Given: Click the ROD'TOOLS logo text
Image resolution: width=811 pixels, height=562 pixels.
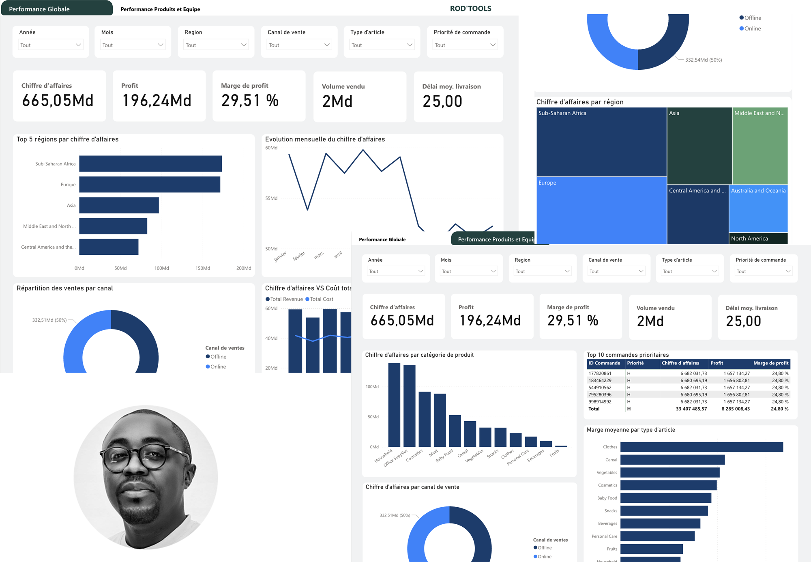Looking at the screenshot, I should tap(470, 9).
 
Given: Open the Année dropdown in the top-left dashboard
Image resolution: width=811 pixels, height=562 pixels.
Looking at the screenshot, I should tap(51, 45).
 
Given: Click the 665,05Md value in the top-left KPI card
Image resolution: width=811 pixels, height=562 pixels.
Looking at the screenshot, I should tap(58, 101).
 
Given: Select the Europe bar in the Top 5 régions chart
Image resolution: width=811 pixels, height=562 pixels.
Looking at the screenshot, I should tap(150, 185).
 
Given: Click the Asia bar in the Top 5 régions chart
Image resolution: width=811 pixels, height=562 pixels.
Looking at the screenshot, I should tap(119, 205).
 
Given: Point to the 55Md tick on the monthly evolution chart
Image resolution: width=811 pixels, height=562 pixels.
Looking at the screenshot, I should tap(271, 198).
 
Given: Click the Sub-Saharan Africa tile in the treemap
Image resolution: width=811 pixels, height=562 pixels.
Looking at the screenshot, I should tap(601, 142).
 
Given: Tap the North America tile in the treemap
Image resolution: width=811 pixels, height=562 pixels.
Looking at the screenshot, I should tap(758, 239).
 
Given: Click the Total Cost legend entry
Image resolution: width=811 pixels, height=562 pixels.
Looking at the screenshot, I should tap(321, 299).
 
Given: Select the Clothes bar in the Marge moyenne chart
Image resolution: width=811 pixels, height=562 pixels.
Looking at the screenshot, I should tap(702, 447).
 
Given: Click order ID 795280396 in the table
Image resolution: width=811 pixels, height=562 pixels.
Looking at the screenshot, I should tap(600, 394).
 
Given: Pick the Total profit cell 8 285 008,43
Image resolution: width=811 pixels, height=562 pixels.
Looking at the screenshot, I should tap(735, 409).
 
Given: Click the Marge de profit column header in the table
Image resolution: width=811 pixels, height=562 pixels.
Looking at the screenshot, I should tap(770, 363).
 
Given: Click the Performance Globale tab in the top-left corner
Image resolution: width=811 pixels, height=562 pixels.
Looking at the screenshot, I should tap(39, 9).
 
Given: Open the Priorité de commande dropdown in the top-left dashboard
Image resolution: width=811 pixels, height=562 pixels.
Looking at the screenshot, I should tap(465, 45).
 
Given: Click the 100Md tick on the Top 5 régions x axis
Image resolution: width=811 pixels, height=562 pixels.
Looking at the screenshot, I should tap(161, 268).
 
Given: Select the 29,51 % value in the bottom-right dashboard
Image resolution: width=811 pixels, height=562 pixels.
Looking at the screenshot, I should tap(573, 321).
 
